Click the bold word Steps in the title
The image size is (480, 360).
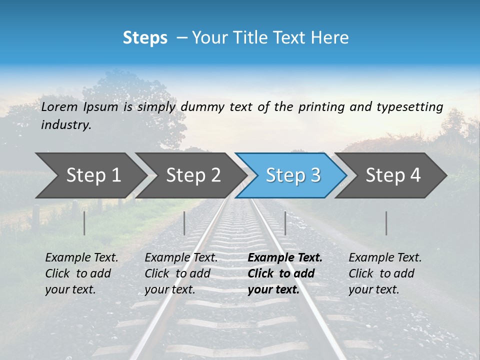145,38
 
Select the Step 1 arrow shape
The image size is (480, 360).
93,175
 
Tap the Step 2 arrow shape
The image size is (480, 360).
193,175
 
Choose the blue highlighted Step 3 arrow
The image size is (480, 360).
293,175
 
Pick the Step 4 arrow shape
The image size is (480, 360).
393,175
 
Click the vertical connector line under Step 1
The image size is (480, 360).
84,223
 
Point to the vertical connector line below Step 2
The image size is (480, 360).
184,223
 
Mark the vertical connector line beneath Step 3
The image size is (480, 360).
285,223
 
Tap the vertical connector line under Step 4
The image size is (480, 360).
386,223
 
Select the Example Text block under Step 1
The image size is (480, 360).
81,273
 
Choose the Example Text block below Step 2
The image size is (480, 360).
181,273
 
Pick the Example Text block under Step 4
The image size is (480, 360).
385,273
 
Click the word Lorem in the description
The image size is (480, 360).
59,106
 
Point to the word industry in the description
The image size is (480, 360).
65,125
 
